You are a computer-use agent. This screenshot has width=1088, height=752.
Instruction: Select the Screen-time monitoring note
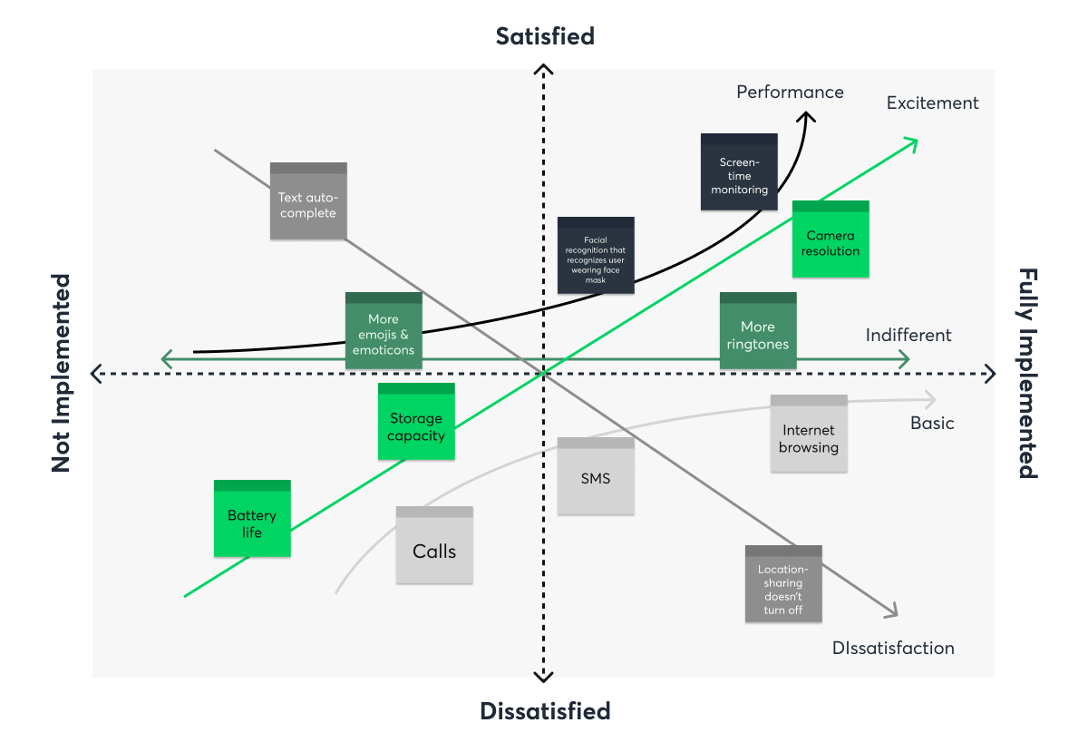(x=739, y=172)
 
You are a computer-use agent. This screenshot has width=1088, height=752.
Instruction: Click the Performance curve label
(x=790, y=92)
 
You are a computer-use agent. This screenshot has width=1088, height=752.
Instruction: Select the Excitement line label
(x=933, y=103)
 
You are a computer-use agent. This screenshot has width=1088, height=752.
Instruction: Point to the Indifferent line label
(x=908, y=336)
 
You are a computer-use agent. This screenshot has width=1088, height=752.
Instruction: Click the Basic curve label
(x=932, y=424)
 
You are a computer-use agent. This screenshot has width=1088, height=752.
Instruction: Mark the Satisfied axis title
(x=545, y=36)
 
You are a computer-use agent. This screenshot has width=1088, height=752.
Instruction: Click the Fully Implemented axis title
(x=1027, y=373)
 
